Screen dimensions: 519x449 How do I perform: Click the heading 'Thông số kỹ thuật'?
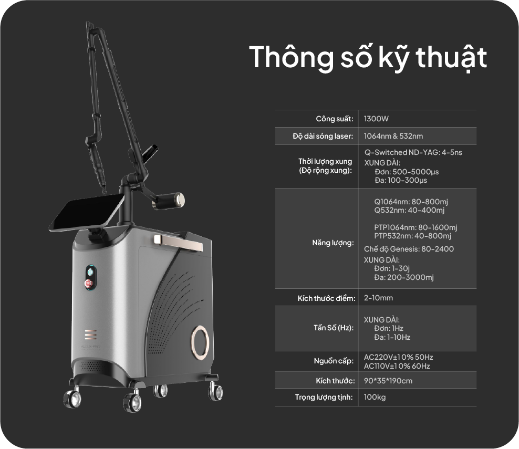click(368, 58)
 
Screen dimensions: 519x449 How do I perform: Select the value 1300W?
click(376, 119)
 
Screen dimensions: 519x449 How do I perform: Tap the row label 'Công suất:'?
click(335, 119)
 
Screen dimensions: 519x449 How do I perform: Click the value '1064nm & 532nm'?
click(393, 136)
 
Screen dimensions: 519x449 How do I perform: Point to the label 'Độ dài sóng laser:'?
click(323, 136)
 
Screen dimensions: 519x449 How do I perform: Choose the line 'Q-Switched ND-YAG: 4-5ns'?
click(413, 152)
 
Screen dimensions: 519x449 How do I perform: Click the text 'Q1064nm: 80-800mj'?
click(411, 202)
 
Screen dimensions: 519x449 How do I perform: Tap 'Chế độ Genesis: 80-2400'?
click(409, 249)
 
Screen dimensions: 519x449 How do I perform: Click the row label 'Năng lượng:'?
click(333, 243)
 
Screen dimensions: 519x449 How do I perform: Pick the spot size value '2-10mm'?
click(378, 298)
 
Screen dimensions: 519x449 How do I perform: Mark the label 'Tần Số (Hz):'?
click(334, 328)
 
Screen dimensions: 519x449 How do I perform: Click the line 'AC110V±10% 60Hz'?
click(397, 366)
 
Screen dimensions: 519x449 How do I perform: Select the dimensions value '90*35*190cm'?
click(388, 381)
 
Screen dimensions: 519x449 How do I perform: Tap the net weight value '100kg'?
click(375, 397)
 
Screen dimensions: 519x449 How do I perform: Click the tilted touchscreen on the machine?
click(87, 212)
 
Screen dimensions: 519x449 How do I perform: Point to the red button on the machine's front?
click(89, 283)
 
